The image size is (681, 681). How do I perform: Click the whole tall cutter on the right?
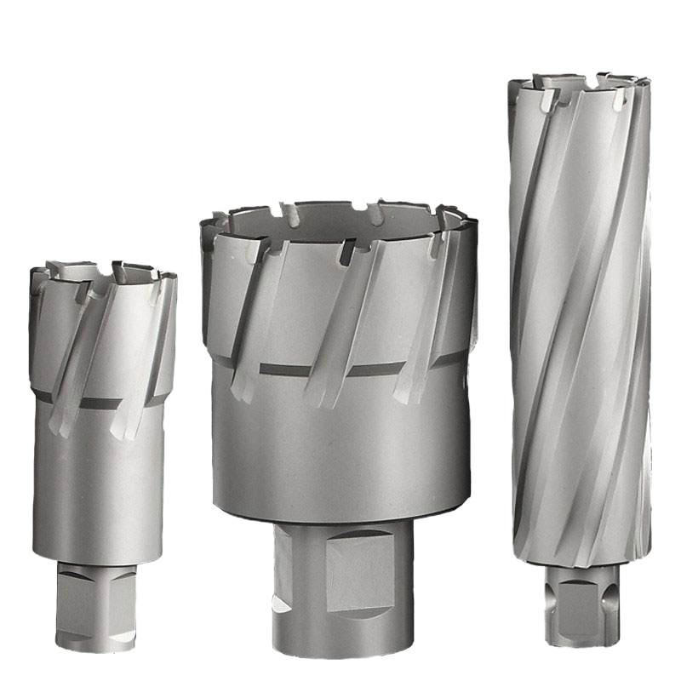pos(579,340)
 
